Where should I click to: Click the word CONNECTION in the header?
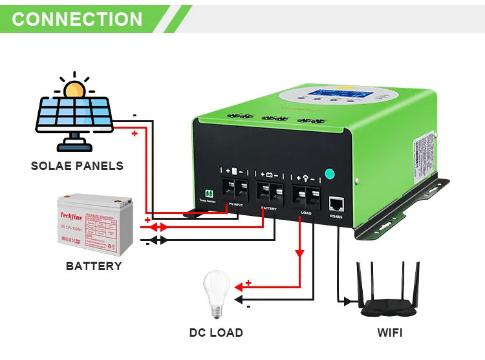pyautogui.click(x=77, y=19)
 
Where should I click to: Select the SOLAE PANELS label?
pyautogui.click(x=77, y=166)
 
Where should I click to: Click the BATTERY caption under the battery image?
pyautogui.click(x=94, y=266)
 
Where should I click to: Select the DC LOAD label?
pyautogui.click(x=216, y=333)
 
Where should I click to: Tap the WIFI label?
pyautogui.click(x=390, y=333)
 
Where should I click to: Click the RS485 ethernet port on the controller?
pyautogui.click(x=336, y=204)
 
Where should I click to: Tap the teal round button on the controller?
pyautogui.click(x=329, y=174)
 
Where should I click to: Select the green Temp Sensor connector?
pyautogui.click(x=209, y=193)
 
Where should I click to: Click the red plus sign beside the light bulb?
pyautogui.click(x=248, y=282)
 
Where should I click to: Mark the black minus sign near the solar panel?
pyautogui.click(x=134, y=115)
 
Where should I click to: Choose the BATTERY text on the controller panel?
pyautogui.click(x=269, y=209)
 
